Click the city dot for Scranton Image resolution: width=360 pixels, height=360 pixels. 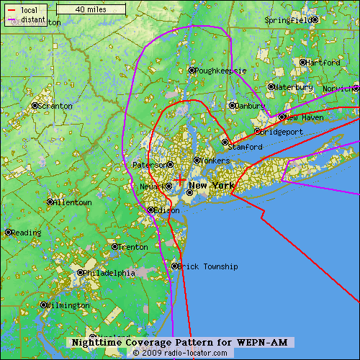click(35, 106)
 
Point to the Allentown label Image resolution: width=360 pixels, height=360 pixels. click(73, 203)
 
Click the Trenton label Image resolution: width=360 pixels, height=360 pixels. click(133, 247)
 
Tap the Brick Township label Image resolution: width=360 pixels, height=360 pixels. click(209, 266)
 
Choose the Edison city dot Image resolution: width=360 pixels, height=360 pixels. click(150, 210)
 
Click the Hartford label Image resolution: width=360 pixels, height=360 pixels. click(322, 63)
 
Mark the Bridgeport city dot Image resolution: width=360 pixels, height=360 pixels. click(257, 132)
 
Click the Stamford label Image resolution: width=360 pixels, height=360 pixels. click(246, 147)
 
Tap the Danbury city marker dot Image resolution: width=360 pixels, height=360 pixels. click(232, 105)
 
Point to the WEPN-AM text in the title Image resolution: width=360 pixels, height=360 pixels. click(267, 342)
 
